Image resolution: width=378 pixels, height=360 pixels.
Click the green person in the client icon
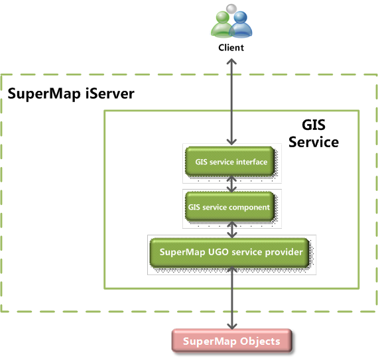(221, 25)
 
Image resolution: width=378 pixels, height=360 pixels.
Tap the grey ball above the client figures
(231, 9)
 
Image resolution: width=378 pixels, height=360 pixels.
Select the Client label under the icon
(231, 48)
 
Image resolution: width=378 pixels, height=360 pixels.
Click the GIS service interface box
(229, 161)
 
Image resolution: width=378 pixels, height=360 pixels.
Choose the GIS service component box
(229, 206)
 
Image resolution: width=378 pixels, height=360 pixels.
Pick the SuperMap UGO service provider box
(229, 253)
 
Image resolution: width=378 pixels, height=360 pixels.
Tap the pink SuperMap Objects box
(231, 341)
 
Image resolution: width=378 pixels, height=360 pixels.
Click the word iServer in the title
(110, 93)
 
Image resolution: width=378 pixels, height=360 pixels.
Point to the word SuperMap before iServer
(44, 94)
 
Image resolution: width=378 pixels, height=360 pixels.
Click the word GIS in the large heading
(314, 125)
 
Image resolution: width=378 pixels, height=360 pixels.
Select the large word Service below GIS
(314, 142)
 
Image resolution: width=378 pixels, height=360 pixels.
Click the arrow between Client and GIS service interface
(231, 101)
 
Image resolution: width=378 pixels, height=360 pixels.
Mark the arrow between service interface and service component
(231, 184)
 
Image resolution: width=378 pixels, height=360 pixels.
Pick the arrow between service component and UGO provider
(231, 229)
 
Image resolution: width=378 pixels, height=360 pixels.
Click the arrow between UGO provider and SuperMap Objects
(232, 298)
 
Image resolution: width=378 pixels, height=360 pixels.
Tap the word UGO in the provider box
(218, 252)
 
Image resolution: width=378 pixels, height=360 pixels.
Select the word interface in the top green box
(252, 162)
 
